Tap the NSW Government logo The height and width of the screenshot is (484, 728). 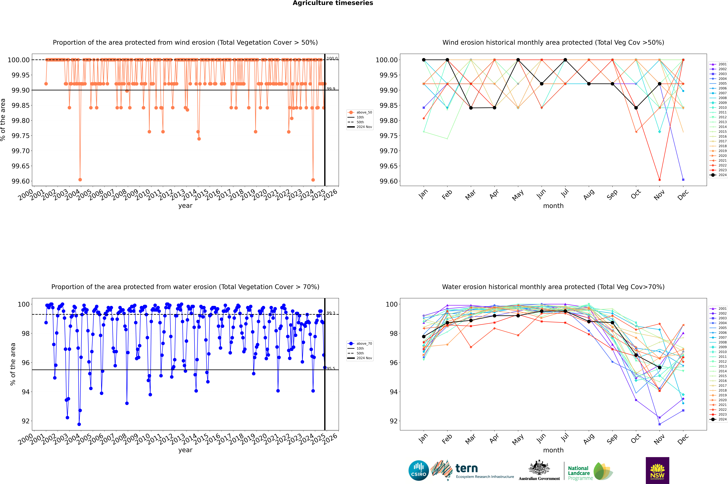point(657,470)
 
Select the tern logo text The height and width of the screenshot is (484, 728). point(467,469)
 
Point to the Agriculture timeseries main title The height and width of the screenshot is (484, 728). point(333,3)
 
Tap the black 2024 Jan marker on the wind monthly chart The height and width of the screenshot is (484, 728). point(424,60)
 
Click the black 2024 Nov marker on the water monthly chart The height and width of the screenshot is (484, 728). point(659,367)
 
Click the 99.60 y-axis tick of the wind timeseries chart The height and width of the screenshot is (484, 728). point(21,181)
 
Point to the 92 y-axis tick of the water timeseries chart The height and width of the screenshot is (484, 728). point(26,421)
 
